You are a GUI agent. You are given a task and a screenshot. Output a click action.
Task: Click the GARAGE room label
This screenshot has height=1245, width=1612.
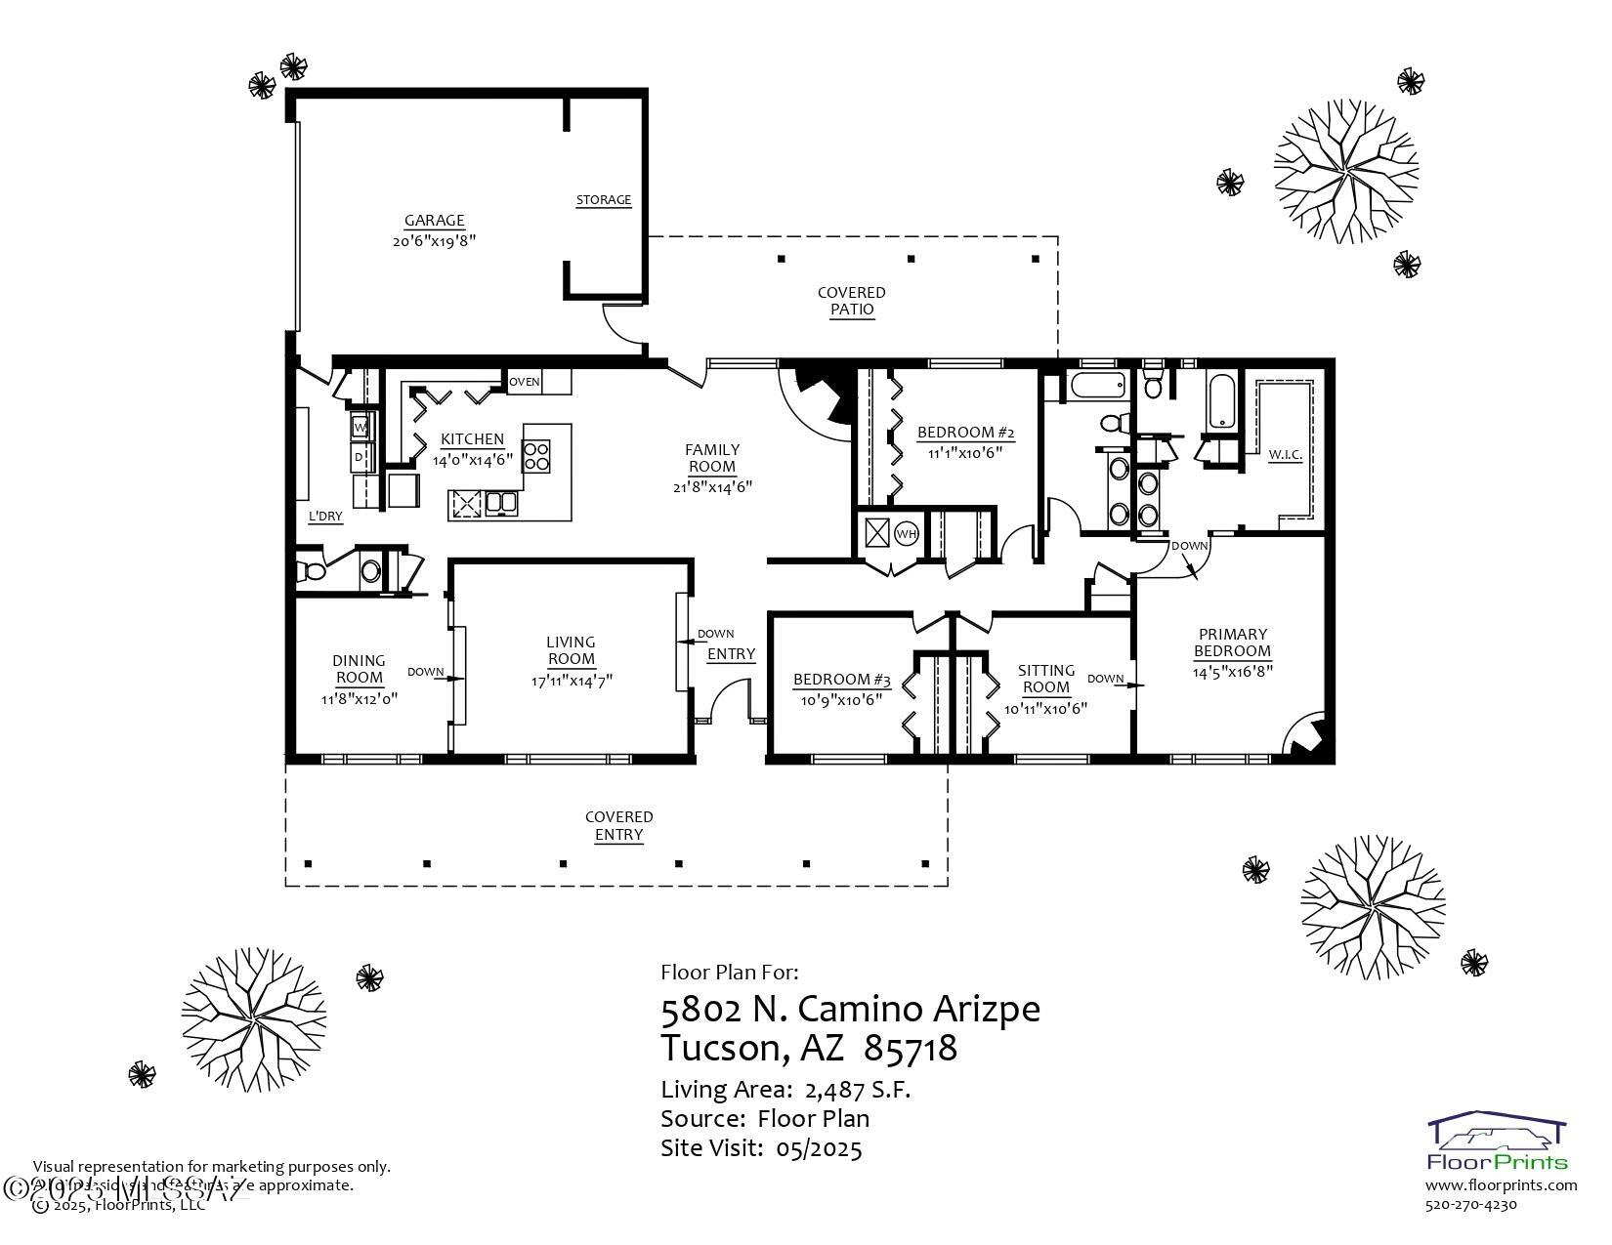pyautogui.click(x=434, y=221)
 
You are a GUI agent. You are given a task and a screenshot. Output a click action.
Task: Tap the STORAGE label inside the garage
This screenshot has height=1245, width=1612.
pyautogui.click(x=603, y=200)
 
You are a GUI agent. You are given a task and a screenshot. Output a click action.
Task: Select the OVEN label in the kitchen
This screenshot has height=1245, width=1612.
pyautogui.click(x=525, y=382)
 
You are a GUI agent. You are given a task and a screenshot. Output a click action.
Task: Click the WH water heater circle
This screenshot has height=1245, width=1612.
pyautogui.click(x=907, y=534)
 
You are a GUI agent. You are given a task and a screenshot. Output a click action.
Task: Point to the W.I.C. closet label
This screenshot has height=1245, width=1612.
pyautogui.click(x=1285, y=455)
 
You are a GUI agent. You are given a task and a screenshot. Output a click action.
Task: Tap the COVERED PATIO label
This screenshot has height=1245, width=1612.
pyautogui.click(x=851, y=301)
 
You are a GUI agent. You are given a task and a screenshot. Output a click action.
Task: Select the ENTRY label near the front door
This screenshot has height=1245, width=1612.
pyautogui.click(x=731, y=654)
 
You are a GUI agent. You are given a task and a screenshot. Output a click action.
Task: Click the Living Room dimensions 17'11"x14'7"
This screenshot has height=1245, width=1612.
pyautogui.click(x=572, y=681)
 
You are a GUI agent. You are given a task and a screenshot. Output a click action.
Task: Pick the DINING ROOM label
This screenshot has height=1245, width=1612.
pyautogui.click(x=359, y=669)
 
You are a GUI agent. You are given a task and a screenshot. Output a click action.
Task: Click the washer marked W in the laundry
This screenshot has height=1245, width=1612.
pyautogui.click(x=361, y=427)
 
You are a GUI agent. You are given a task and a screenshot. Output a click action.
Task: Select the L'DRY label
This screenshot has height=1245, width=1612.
pyautogui.click(x=325, y=516)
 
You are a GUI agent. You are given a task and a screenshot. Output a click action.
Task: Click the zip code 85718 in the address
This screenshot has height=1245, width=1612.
pyautogui.click(x=911, y=1049)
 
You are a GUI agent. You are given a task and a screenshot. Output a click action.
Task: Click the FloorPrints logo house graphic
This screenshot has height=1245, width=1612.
pyautogui.click(x=1497, y=1134)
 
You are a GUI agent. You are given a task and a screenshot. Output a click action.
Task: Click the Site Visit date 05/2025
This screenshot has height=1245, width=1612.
pyautogui.click(x=819, y=1148)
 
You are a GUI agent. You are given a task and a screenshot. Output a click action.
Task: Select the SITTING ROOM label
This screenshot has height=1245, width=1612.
pyautogui.click(x=1045, y=679)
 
